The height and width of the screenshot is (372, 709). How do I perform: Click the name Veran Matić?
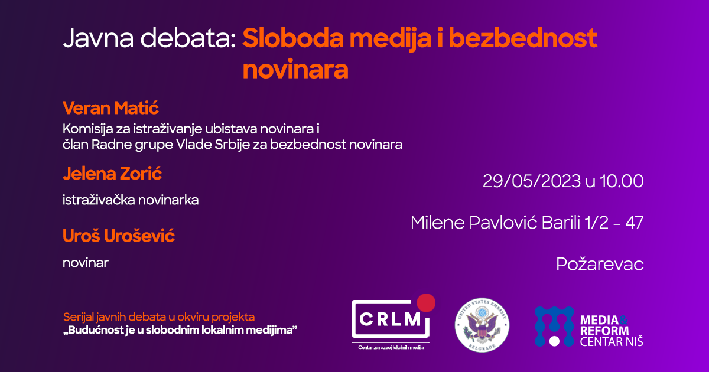(110, 108)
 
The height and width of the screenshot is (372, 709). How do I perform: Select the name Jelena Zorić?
(112, 174)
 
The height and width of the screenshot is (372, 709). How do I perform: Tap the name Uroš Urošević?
(118, 236)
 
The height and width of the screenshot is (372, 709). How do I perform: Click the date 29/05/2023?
(532, 181)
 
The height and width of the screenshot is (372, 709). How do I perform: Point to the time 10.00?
(622, 181)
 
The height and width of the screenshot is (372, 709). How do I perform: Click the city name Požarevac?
(600, 265)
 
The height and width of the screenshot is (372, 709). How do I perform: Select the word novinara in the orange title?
(295, 70)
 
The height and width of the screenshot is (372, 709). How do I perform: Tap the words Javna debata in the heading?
(149, 38)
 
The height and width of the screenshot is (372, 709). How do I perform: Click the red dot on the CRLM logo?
(426, 303)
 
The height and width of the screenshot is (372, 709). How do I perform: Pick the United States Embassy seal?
(482, 325)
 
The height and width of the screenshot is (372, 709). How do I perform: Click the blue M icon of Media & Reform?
(554, 327)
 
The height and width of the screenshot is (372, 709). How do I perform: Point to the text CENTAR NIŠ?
(612, 342)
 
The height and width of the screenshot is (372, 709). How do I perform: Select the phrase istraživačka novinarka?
(131, 200)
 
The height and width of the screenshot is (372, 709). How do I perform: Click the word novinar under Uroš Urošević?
(86, 263)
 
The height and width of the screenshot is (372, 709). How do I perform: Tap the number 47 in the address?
(635, 223)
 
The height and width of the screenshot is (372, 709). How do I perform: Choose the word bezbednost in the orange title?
(523, 38)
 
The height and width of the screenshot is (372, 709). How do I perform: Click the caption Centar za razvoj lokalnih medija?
(391, 348)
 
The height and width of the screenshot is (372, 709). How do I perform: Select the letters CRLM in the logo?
(390, 319)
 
